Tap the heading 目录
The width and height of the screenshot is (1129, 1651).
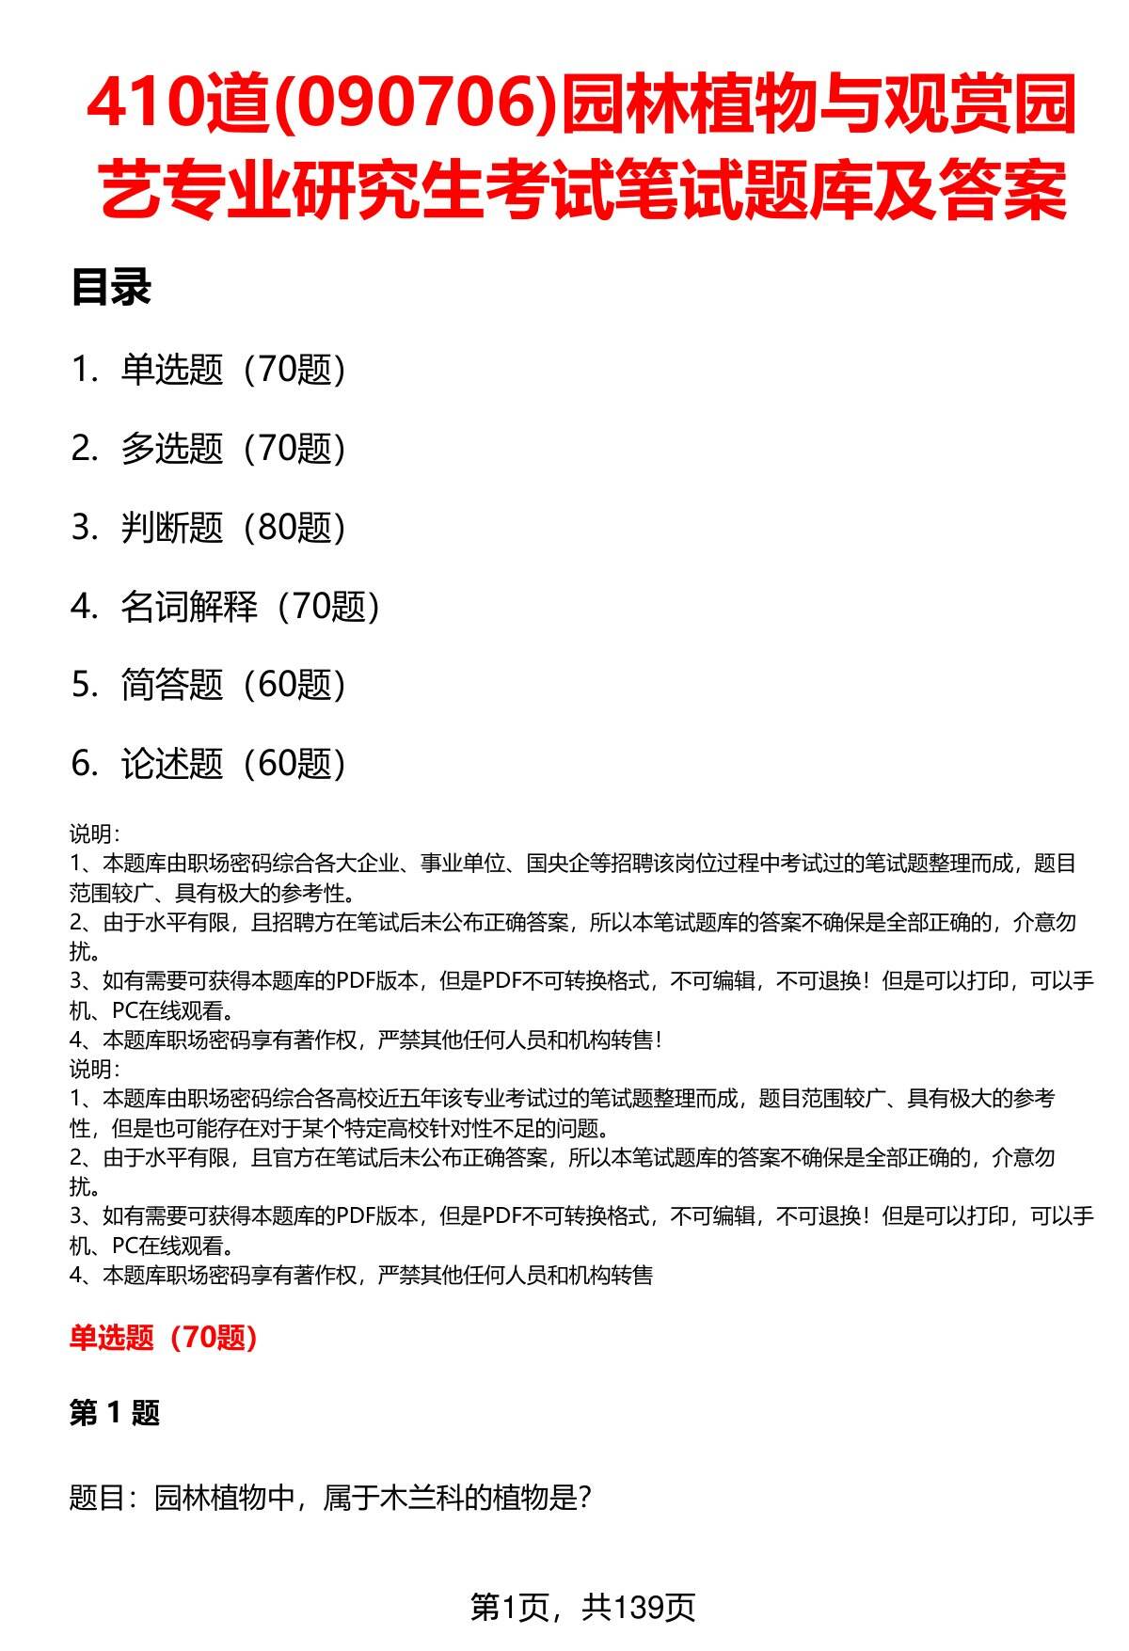pos(111,288)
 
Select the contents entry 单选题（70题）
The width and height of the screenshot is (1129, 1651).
pos(232,370)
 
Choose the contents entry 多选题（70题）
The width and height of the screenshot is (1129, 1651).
pos(232,449)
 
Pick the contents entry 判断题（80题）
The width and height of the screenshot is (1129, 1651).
pos(232,528)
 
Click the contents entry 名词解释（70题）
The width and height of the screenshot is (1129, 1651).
pos(250,607)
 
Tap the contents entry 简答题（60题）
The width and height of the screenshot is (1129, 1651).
pos(232,685)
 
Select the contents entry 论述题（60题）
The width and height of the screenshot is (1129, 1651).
pos(232,764)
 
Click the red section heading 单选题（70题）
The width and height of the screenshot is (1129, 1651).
pos(164,1338)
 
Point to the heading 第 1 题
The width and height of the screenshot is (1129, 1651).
pos(115,1413)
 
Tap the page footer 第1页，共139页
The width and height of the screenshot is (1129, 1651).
pos(582,1608)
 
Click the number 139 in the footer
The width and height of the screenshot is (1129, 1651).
pos(643,1608)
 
